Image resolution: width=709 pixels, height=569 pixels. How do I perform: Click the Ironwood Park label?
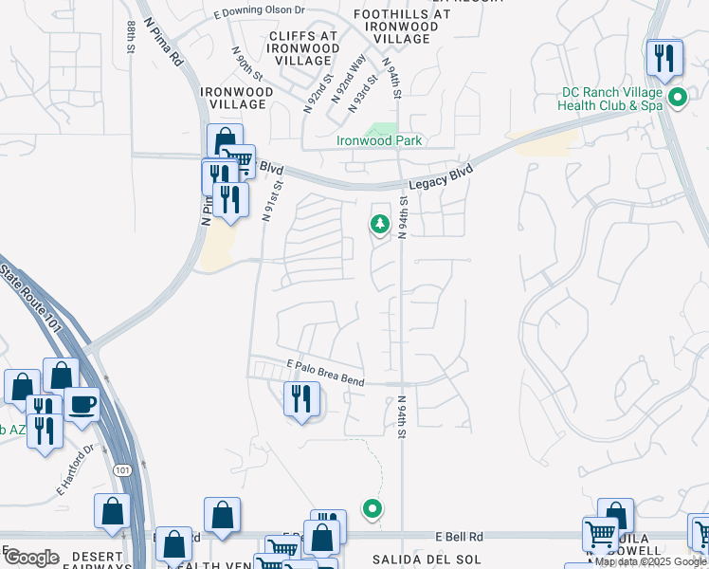click(379, 141)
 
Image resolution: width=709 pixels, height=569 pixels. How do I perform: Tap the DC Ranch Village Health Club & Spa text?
click(611, 99)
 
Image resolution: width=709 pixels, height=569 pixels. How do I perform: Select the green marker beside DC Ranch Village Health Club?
click(678, 98)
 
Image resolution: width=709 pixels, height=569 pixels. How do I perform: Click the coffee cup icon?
click(82, 403)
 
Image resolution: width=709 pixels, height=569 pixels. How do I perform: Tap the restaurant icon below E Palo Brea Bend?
click(301, 398)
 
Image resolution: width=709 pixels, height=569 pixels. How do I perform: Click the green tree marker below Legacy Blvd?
click(379, 225)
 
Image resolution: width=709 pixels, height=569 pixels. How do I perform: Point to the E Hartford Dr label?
click(78, 470)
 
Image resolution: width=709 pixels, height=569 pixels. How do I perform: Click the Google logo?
click(31, 557)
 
